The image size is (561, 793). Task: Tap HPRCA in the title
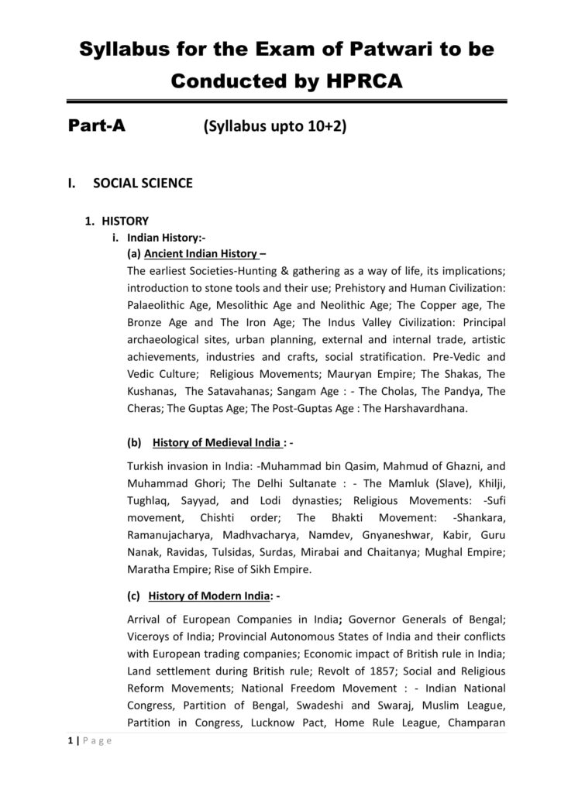click(x=362, y=81)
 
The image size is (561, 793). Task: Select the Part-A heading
click(x=96, y=127)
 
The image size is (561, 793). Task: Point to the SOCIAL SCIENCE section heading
click(x=143, y=184)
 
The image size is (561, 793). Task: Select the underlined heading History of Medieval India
click(x=218, y=444)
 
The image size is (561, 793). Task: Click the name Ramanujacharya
click(x=168, y=536)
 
